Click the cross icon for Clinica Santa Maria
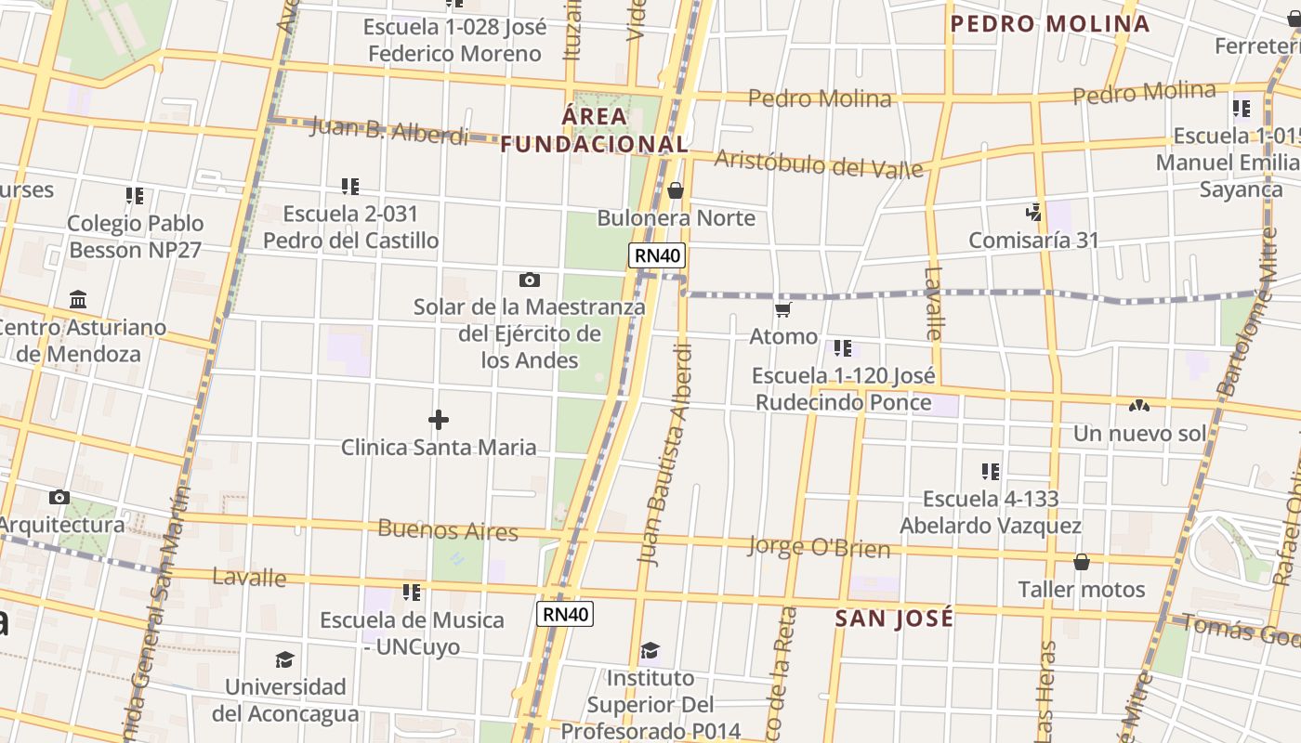(x=439, y=420)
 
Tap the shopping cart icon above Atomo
(x=783, y=309)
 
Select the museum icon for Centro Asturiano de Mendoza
(x=78, y=300)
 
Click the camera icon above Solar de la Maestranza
(x=529, y=280)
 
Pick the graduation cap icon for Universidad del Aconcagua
(x=284, y=660)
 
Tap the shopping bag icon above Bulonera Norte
(x=676, y=191)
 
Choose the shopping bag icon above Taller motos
(x=1081, y=562)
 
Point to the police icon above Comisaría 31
(x=1033, y=213)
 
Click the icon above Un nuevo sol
(x=1139, y=406)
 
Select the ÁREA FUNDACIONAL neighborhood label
(x=595, y=131)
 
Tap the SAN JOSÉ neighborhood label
(x=894, y=619)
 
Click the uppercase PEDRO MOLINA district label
(x=1050, y=24)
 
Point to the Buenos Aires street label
(x=448, y=530)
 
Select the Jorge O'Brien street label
(x=819, y=547)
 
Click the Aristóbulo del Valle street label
(x=819, y=163)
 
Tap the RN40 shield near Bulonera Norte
(x=657, y=255)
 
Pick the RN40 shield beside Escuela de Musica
(x=565, y=614)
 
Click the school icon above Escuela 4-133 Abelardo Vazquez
(x=991, y=472)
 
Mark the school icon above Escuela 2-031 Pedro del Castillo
(x=350, y=187)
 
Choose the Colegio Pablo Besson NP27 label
(x=135, y=236)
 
